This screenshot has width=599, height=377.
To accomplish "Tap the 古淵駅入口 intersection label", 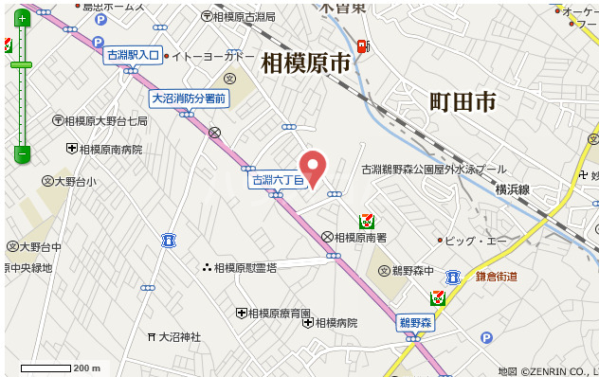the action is pyautogui.click(x=133, y=56).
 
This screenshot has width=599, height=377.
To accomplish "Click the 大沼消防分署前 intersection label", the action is pyautogui.click(x=190, y=99).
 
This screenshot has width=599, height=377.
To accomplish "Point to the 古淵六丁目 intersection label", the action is pyautogui.click(x=277, y=179).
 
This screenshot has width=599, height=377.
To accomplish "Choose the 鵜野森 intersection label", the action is pyautogui.click(x=414, y=323).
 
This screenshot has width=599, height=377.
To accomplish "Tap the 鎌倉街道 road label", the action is pyautogui.click(x=496, y=277).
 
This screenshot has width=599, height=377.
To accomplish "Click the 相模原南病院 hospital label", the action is pyautogui.click(x=110, y=149).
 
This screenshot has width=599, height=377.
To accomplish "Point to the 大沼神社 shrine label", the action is pyautogui.click(x=179, y=336).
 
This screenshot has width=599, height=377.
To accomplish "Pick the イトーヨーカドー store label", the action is pyautogui.click(x=212, y=57).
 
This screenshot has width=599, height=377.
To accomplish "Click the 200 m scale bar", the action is pyautogui.click(x=46, y=368).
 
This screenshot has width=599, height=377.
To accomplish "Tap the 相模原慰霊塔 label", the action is pyautogui.click(x=245, y=268).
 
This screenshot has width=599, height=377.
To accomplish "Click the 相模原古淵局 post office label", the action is pyautogui.click(x=244, y=16).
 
